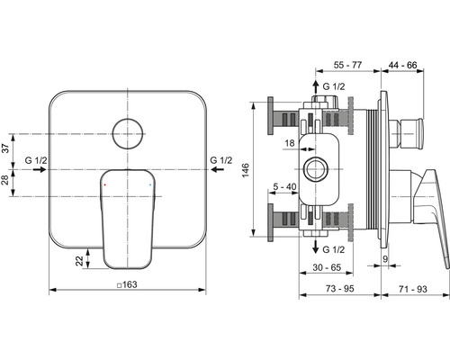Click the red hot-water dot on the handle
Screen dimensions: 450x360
[x=104, y=184]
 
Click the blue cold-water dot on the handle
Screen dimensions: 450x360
[x=150, y=184]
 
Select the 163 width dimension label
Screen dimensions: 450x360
[x=127, y=284]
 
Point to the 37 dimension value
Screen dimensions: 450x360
[x=6, y=148]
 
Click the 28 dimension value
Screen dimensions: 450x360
[x=6, y=180]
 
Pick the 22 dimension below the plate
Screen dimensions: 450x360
[x=79, y=261]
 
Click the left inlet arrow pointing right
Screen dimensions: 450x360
[x=40, y=170]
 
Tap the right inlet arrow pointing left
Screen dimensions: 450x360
[x=218, y=170]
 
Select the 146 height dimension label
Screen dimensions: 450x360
[x=246, y=170]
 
